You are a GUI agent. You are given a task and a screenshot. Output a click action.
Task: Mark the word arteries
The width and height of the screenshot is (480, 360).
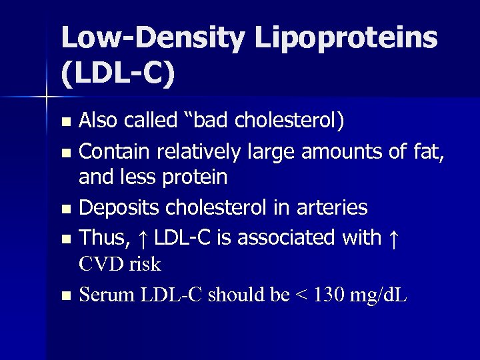point(334,207)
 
